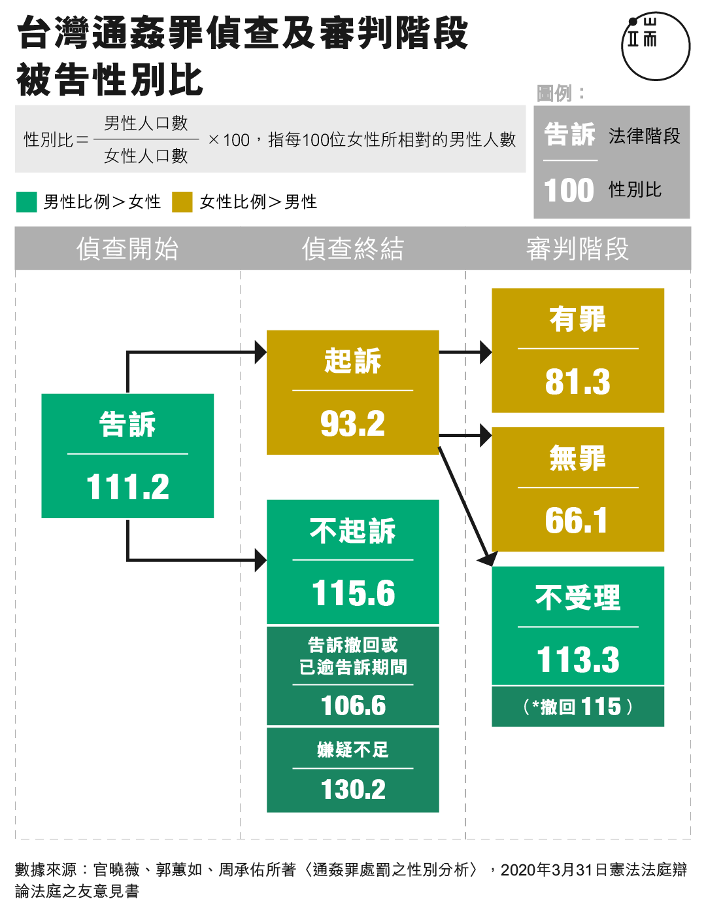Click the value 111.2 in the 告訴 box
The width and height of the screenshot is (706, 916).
[x=127, y=486]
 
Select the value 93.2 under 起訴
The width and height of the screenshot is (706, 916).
[x=352, y=423]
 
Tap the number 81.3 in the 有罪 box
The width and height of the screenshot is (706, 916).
[x=578, y=381]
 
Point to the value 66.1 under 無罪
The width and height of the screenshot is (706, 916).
[x=576, y=521]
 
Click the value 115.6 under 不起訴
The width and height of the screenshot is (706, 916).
[x=353, y=593]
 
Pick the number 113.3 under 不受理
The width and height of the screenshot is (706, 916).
[x=578, y=660]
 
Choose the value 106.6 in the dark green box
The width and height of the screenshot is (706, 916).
[x=353, y=705]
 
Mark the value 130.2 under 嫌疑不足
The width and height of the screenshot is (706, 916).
[x=353, y=789]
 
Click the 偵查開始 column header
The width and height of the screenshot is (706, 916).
[x=127, y=248]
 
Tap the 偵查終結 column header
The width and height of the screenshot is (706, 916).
[x=353, y=248]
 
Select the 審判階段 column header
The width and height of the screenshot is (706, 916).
[x=578, y=248]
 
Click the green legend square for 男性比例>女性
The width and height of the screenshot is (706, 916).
[x=27, y=202]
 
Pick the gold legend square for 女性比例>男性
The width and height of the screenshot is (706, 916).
[x=182, y=202]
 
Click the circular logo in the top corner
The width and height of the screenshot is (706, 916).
[x=656, y=46]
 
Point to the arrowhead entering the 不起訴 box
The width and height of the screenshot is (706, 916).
[x=261, y=560]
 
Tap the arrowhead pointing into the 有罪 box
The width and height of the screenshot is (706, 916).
[x=486, y=352]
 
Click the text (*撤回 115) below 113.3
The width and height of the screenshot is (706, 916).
[x=578, y=707]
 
